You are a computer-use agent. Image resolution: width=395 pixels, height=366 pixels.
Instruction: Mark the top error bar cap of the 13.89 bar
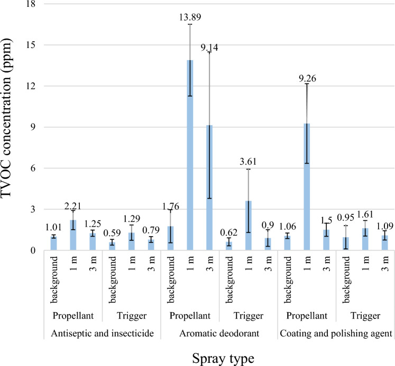click(x=190, y=25)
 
